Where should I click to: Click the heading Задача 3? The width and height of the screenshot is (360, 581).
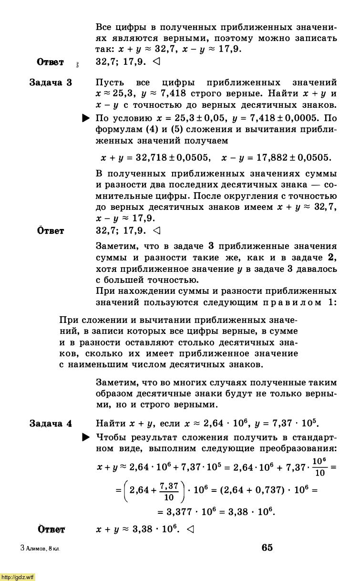click(x=51, y=83)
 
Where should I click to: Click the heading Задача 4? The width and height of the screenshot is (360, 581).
click(x=51, y=424)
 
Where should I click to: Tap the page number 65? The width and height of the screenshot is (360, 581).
click(x=267, y=548)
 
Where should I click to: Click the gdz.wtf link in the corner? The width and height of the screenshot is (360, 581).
click(x=18, y=577)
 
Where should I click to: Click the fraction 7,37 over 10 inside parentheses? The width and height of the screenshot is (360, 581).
click(x=169, y=491)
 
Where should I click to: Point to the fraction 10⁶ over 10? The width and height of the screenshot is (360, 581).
click(x=319, y=467)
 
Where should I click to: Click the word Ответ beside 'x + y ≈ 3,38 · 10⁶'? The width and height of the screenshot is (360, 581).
click(x=51, y=529)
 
